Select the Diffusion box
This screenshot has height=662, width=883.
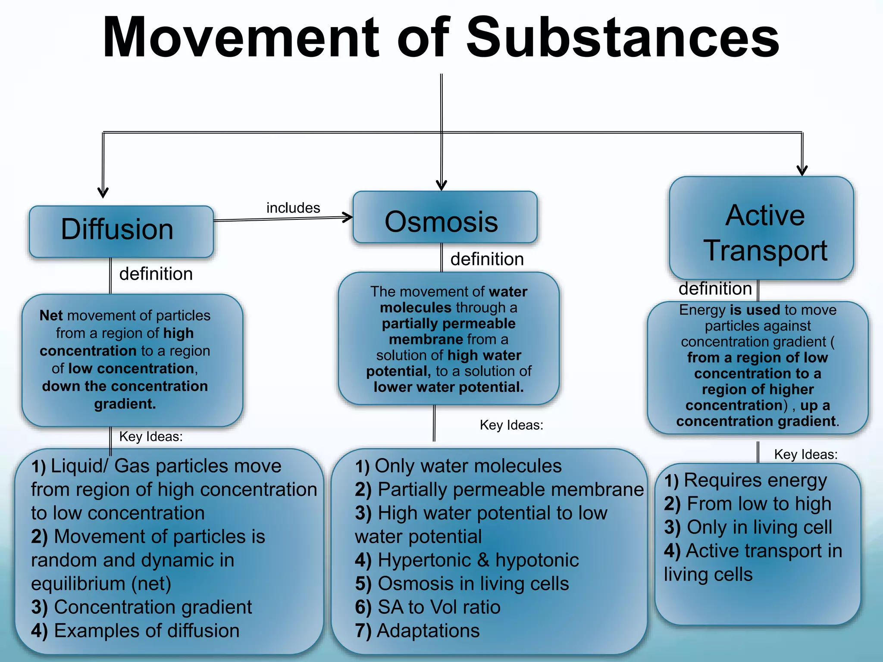click(121, 231)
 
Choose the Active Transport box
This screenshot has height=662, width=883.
click(761, 228)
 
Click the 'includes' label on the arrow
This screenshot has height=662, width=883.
click(293, 208)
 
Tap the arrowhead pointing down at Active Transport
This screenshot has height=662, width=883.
click(802, 170)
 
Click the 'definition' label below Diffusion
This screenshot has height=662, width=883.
click(156, 274)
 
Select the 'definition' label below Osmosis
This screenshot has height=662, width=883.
click(487, 259)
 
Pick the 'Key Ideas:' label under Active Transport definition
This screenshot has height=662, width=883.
click(805, 455)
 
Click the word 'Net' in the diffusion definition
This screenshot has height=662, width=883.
click(51, 315)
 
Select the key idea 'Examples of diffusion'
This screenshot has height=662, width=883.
click(146, 631)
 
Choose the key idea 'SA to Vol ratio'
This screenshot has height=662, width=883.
click(438, 607)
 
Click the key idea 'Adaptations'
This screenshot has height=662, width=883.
click(428, 631)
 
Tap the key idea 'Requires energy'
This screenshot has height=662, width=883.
click(755, 480)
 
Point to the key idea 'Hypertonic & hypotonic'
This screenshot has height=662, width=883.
click(478, 560)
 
